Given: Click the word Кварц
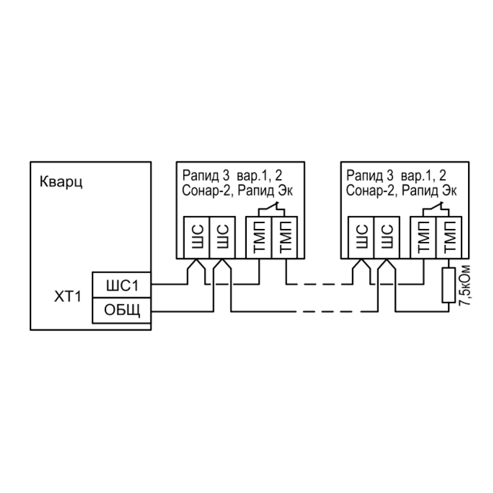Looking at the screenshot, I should point(61,182).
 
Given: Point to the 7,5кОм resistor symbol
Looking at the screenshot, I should point(448,285).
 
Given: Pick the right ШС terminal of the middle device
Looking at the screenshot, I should point(222,237).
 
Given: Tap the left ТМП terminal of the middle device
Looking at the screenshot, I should point(258,237).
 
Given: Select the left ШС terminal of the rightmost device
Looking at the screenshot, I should point(360,237).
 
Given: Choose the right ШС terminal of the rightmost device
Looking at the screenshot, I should point(385,237).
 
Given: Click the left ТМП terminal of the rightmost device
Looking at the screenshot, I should point(422,237).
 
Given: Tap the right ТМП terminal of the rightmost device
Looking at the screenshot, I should point(449,237).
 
